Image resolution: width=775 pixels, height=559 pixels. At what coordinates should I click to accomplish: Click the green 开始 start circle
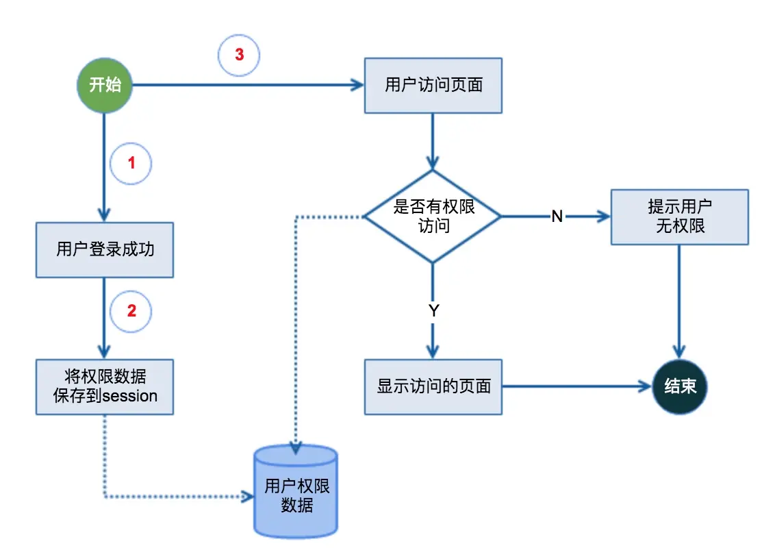coord(104,86)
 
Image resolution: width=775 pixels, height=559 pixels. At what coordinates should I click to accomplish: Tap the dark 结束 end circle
coord(679,386)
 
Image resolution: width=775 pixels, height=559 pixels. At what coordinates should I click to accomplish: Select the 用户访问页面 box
coord(433,86)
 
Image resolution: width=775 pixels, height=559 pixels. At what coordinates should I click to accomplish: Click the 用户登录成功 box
coord(104,249)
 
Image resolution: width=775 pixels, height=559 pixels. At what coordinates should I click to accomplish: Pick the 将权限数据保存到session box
coord(104,386)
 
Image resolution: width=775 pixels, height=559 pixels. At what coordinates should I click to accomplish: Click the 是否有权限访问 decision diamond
coord(433,216)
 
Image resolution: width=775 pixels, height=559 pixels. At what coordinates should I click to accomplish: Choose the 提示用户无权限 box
coord(679,216)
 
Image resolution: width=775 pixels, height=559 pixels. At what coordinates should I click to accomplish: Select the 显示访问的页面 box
coord(433,386)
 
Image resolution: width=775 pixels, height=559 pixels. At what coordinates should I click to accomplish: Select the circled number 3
coord(239,55)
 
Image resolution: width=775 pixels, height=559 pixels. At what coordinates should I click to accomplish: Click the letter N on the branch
coord(557,216)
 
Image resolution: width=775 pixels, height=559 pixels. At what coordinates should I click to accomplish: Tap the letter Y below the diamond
coord(433,310)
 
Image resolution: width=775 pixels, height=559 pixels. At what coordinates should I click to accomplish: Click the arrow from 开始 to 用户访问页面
coord(246,86)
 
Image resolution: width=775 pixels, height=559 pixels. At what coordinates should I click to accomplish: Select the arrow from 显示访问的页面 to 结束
coord(575,386)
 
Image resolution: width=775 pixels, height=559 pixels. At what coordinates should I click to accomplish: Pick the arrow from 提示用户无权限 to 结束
coord(679,301)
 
